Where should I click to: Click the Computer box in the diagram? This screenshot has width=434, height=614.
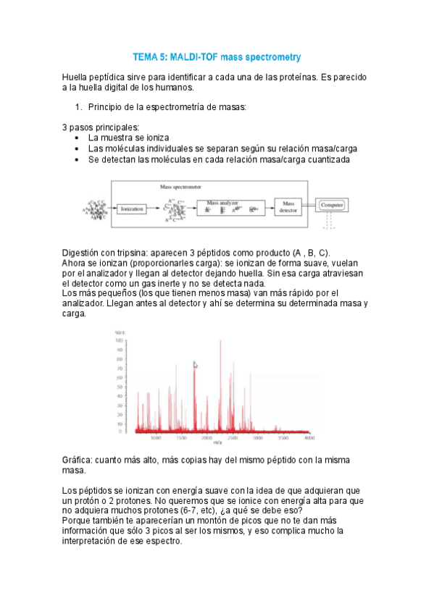331,206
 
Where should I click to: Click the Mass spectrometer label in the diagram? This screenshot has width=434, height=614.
181,187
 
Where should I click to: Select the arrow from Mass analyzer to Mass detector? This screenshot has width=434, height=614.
269,208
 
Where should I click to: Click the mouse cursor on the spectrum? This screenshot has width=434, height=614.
194,364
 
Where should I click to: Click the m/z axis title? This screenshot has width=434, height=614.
218,443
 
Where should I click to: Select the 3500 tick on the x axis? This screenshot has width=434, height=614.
283,438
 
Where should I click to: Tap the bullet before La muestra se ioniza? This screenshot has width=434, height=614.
78,137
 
